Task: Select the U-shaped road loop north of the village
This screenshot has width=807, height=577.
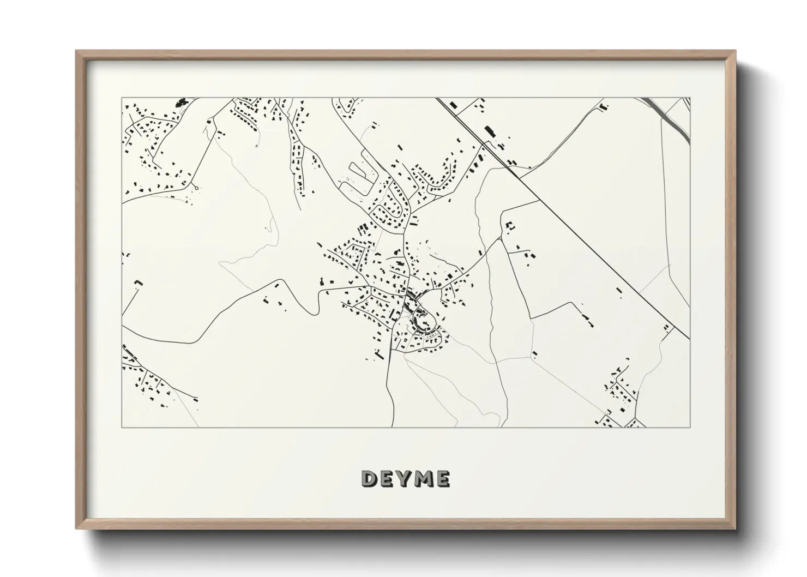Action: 357,176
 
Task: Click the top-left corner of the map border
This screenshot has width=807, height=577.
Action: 122,98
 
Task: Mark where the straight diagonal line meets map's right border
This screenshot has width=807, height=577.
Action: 690,339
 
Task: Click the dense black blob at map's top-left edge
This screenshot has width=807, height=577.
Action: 180,102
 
